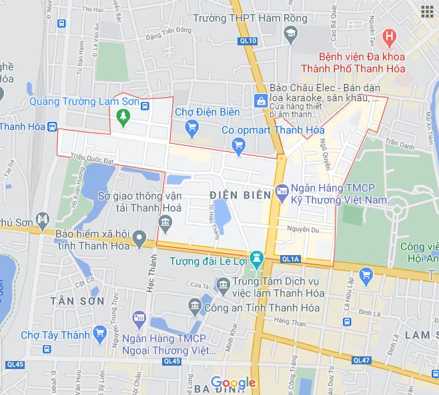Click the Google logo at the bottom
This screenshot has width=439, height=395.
(x=234, y=383)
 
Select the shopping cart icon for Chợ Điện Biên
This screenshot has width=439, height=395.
(x=192, y=127)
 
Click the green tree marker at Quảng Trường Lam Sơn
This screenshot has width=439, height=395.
(x=122, y=117)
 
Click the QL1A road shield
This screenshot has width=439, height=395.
(x=291, y=258)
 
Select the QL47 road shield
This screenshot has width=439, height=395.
(x=361, y=360)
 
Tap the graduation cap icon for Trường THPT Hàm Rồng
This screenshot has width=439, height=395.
(x=290, y=33)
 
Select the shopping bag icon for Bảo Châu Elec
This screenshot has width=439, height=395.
(x=260, y=101)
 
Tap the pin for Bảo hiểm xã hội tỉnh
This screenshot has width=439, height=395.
(x=139, y=236)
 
